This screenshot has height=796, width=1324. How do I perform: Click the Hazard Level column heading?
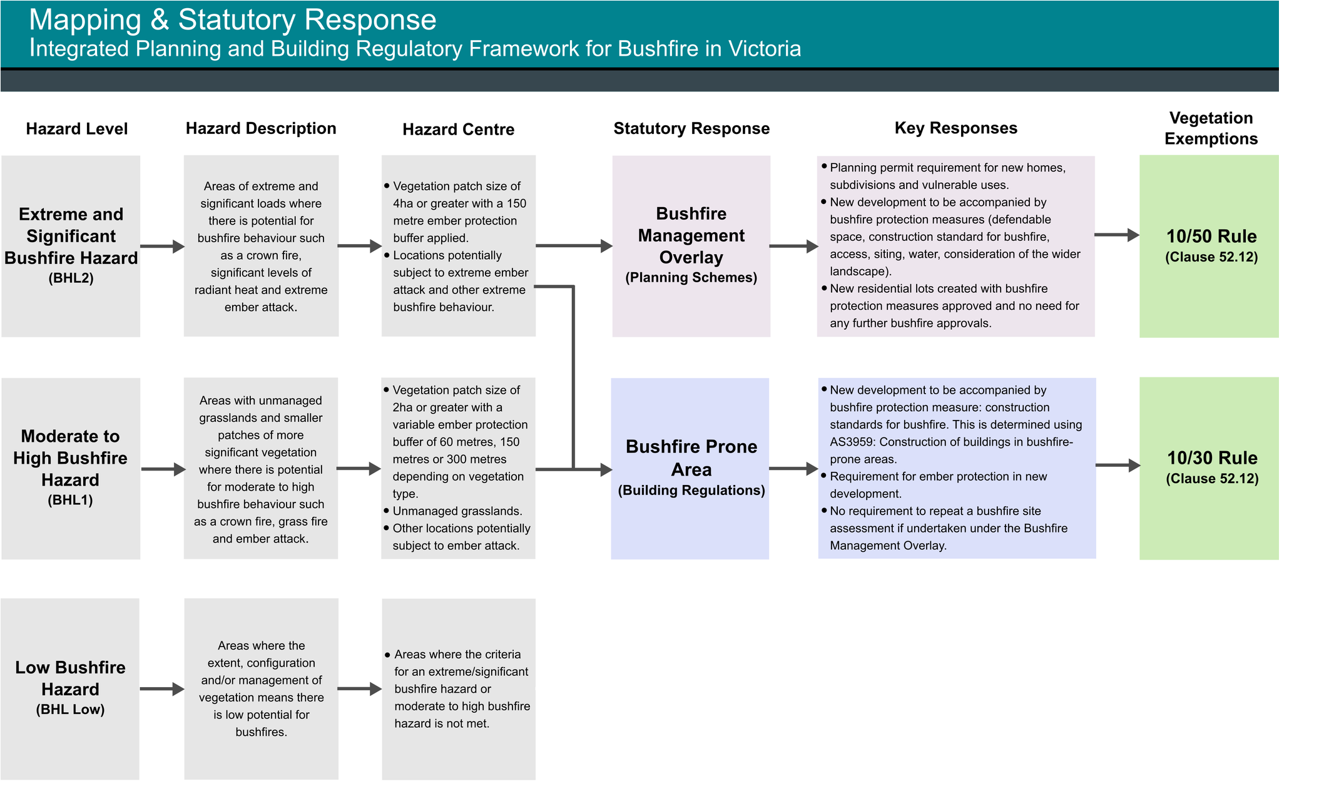point(76,129)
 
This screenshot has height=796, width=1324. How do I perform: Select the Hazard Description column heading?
point(261,128)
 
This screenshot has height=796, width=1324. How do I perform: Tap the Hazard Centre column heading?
point(458,130)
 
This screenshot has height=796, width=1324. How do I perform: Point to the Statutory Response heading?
point(691,128)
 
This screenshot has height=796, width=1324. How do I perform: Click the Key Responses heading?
point(955,128)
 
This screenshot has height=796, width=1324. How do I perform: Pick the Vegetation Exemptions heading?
point(1211,128)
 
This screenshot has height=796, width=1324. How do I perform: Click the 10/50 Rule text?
point(1211,236)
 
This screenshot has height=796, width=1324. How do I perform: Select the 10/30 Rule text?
point(1212,458)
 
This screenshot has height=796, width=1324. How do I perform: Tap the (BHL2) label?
point(71,278)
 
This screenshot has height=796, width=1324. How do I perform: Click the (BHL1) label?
point(70,500)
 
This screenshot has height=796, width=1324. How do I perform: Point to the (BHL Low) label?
point(70,710)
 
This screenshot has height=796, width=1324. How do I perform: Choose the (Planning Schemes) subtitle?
point(691,278)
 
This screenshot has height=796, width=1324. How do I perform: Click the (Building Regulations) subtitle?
point(691,491)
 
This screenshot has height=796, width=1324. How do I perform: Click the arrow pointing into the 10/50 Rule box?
point(1117,235)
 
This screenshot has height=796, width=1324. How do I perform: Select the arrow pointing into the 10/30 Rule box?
point(1118,466)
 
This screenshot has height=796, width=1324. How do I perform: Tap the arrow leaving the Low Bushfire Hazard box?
point(162,689)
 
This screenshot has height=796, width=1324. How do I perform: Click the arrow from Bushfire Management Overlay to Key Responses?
point(794,246)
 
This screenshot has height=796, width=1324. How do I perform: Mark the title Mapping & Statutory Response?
point(232,20)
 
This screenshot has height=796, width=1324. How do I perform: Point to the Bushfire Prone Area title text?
point(691,458)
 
